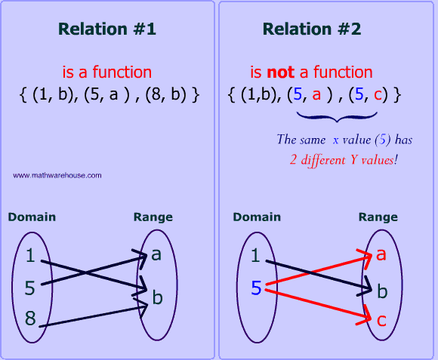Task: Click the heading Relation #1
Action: [x=107, y=29]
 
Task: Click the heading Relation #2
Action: [x=312, y=29]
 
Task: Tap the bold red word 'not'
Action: [x=280, y=72]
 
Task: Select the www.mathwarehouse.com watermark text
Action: [x=57, y=176]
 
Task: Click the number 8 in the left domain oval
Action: [x=30, y=318]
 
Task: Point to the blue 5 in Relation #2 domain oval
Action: [x=256, y=288]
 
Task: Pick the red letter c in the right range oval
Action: [x=381, y=320]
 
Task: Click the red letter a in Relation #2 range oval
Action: [x=381, y=254]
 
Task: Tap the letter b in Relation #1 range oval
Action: [x=158, y=297]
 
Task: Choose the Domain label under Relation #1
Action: [x=32, y=217]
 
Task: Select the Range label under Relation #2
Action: [x=378, y=217]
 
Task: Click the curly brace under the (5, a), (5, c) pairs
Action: [x=337, y=117]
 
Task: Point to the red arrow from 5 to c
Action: [x=318, y=305]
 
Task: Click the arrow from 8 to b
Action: [x=94, y=316]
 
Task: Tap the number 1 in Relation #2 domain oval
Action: [x=255, y=255]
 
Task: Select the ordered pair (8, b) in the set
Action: [x=165, y=94]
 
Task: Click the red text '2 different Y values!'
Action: [x=344, y=160]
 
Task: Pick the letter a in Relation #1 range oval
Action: [x=156, y=254]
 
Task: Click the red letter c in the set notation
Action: [x=378, y=95]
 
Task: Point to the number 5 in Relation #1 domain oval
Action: [x=30, y=288]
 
